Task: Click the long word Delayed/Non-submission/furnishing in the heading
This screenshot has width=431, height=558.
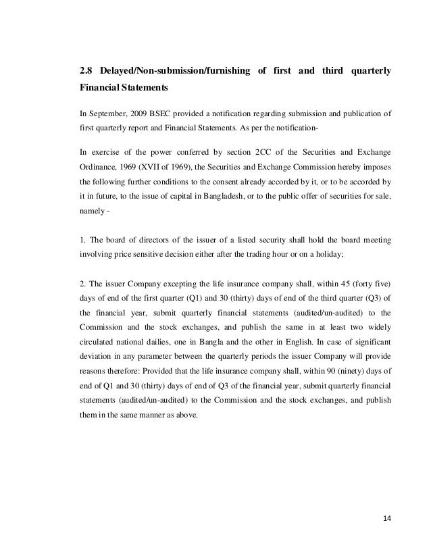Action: (x=172, y=71)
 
